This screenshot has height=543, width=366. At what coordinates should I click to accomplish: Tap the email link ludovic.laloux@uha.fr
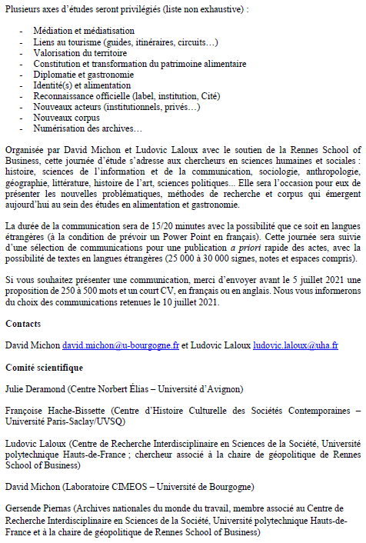coord(295,346)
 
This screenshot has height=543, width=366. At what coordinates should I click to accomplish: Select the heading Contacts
coord(23,325)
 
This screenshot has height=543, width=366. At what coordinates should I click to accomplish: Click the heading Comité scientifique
coord(45,368)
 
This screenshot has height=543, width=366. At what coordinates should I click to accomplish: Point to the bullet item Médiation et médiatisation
coord(84,31)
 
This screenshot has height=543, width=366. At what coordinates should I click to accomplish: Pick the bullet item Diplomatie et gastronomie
coord(84,75)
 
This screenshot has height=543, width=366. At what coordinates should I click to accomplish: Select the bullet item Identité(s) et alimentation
coord(82,85)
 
